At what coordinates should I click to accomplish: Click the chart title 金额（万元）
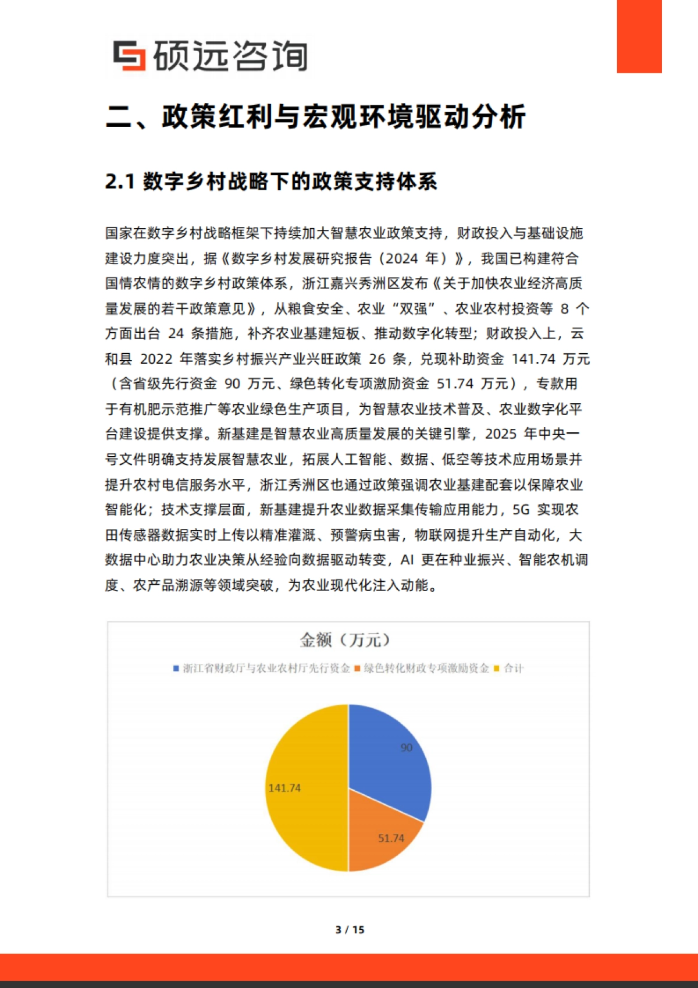pos(346,640)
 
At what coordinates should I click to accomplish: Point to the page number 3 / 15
pos(350,930)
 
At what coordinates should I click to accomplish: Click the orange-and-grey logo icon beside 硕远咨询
pos(129,56)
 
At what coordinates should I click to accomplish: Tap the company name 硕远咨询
pos(230,56)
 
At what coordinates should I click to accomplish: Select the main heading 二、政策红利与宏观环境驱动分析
pos(316,116)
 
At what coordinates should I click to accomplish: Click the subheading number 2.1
pos(120,182)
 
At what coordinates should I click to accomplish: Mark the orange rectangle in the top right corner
pos(639,36)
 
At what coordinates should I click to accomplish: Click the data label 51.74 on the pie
pos(391,838)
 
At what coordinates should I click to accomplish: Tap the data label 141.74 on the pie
pos(284,788)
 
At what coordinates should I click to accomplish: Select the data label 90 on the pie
pos(407,747)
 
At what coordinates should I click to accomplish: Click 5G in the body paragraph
pos(521,510)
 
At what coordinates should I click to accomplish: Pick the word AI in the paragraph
pos(407,560)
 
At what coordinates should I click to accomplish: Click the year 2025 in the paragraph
pos(501,434)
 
